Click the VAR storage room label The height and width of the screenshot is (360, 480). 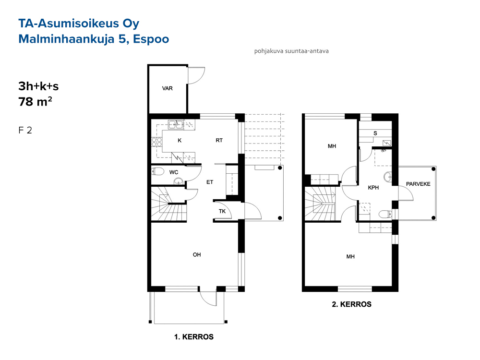tap(167, 88)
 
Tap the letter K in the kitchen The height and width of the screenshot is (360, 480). tap(180, 141)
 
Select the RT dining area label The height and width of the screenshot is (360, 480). tap(219, 141)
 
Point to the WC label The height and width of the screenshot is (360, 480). tap(174, 172)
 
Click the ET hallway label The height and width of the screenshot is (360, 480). tap(210, 182)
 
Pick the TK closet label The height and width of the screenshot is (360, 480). tap(222, 211)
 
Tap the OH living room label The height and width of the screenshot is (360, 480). tap(197, 255)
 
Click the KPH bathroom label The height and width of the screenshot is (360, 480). tap(373, 188)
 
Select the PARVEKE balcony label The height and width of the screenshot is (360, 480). tap(418, 184)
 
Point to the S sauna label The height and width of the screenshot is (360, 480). tap(375, 133)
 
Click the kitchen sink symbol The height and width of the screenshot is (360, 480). tap(176, 124)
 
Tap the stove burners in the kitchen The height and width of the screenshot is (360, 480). tap(157, 142)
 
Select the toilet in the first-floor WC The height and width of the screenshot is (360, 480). tap(158, 172)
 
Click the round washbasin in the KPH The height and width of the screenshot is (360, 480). tap(388, 177)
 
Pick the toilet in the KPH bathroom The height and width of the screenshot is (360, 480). tap(385, 214)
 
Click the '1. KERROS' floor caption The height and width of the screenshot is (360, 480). tap(194, 337)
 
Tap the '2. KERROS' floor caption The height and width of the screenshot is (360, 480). tap(352, 304)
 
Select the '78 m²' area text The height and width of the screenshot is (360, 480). tap(35, 102)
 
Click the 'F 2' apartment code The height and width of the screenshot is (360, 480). tap(25, 131)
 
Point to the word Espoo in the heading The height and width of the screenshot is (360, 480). tap(151, 39)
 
